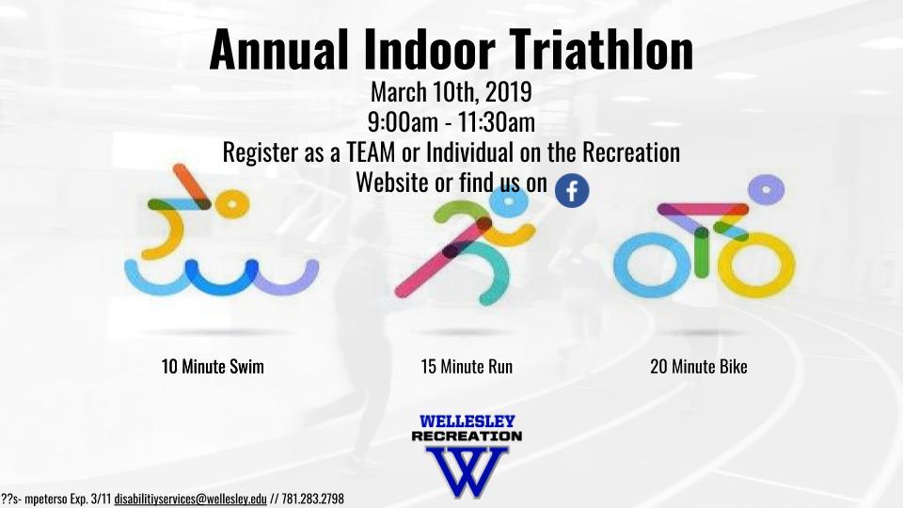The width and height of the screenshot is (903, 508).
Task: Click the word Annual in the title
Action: [x=279, y=50]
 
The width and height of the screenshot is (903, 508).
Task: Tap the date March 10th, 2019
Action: [x=451, y=91]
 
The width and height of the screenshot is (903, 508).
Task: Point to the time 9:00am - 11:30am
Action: [x=451, y=122]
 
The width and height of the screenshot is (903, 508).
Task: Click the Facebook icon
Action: [x=572, y=191]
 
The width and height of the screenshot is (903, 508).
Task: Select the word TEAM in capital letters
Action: [x=371, y=152]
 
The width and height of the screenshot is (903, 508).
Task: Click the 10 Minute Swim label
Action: [x=213, y=366]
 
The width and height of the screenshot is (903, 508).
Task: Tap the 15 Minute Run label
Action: [x=467, y=366]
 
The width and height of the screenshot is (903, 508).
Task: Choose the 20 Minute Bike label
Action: [x=699, y=366]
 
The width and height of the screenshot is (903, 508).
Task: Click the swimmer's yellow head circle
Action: [x=232, y=204]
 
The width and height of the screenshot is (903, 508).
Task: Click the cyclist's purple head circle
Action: [x=766, y=189]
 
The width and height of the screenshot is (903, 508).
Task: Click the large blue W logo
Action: [x=467, y=471]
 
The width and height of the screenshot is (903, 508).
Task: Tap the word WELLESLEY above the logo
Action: [x=467, y=421]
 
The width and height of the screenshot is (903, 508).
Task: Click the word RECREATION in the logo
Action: [x=467, y=436]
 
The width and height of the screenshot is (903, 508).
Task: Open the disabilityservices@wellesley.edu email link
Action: [x=190, y=499]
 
